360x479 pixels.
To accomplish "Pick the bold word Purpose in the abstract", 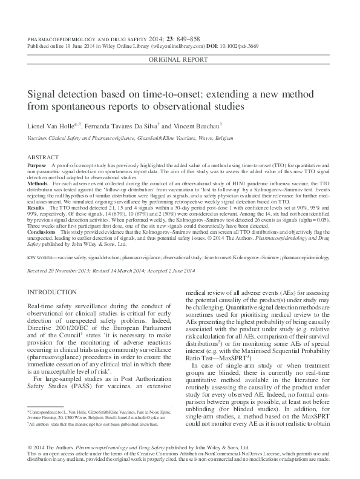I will click(38, 165).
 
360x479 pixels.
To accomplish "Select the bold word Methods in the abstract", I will click(38, 182).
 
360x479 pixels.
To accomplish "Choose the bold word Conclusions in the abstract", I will click(41, 231).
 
